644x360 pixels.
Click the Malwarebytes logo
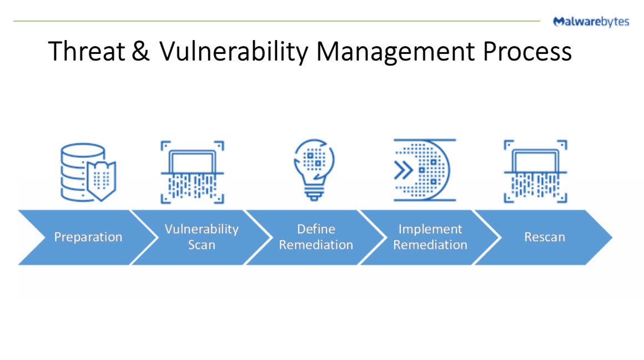(591, 22)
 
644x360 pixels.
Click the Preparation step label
(88, 237)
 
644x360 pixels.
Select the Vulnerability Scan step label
(202, 237)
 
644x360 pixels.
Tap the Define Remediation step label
(316, 237)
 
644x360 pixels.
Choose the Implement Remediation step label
(430, 237)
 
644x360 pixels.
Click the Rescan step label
(545, 237)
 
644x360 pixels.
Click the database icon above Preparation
(88, 172)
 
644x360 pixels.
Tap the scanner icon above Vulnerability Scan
(192, 172)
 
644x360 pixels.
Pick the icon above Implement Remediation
(424, 170)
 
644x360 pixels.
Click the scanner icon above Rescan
(535, 172)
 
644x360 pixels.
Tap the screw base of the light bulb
(315, 194)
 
